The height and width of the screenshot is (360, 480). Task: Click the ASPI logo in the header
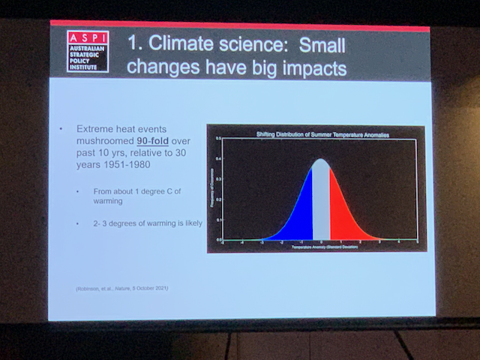[87, 51]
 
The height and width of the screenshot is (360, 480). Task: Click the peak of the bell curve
[320, 159]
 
